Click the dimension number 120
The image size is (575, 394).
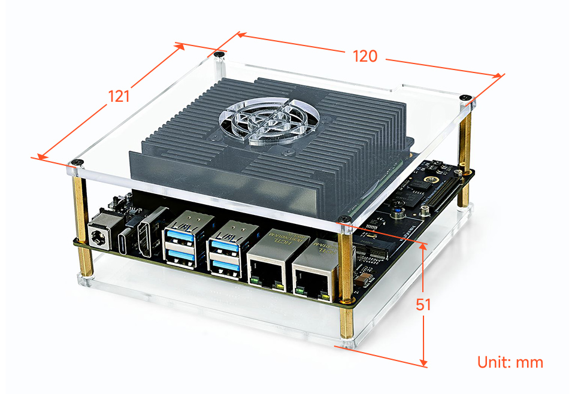[x=365, y=56]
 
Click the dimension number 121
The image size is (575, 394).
[x=119, y=95]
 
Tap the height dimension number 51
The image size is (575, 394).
[x=423, y=304]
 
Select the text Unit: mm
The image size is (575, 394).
[x=510, y=362]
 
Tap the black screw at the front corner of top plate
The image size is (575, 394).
[x=344, y=219]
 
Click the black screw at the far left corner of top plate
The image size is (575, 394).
[x=75, y=162]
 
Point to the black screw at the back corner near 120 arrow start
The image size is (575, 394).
[x=220, y=55]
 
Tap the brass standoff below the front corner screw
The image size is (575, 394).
[x=346, y=281]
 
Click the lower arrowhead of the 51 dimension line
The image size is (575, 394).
[x=423, y=362]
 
